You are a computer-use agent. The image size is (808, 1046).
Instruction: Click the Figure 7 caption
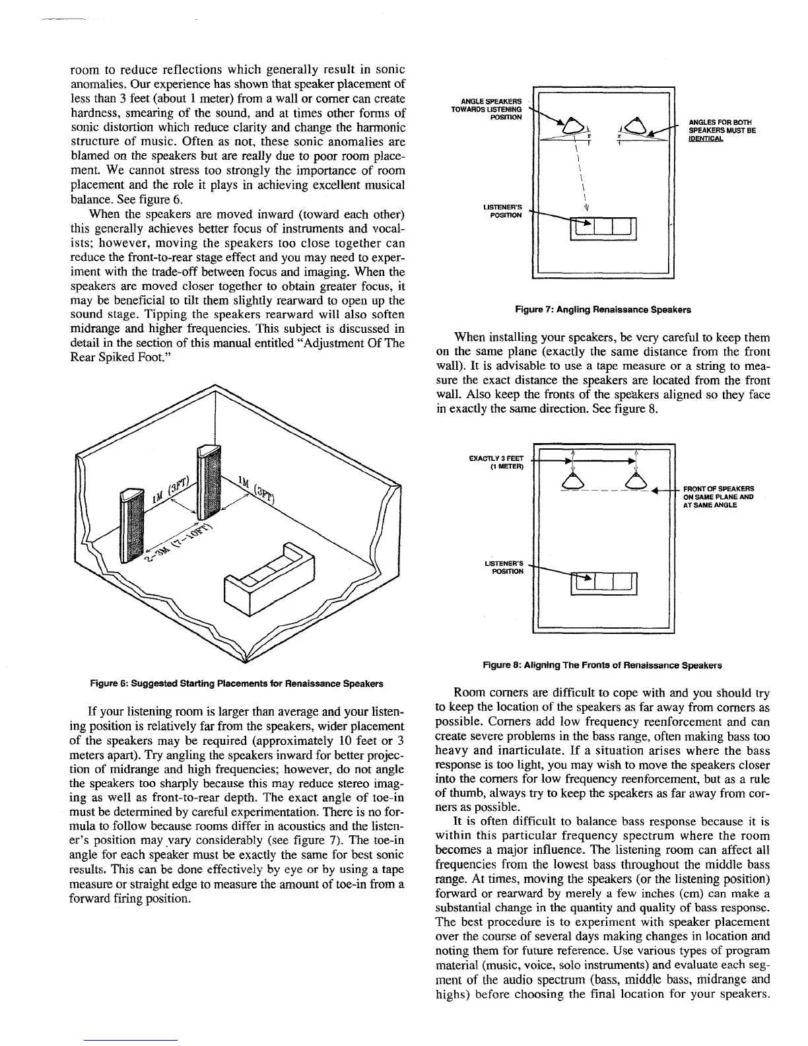(x=603, y=309)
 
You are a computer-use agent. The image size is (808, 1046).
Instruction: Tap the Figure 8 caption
(x=602, y=665)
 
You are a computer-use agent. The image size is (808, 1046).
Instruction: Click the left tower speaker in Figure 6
(x=131, y=526)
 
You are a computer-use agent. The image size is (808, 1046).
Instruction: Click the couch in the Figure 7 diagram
(x=603, y=230)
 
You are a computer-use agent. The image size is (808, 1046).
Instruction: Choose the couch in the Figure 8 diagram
(x=603, y=584)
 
